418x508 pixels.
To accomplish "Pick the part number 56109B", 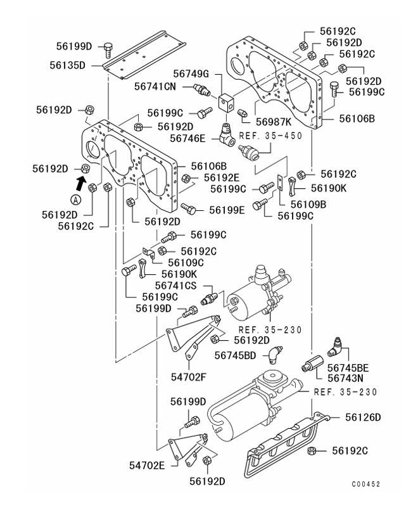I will tap(308, 204).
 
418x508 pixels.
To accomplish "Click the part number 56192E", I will tap(216, 177).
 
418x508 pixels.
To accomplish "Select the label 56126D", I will tap(363, 417).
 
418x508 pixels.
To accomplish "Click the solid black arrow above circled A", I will tap(81, 184).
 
